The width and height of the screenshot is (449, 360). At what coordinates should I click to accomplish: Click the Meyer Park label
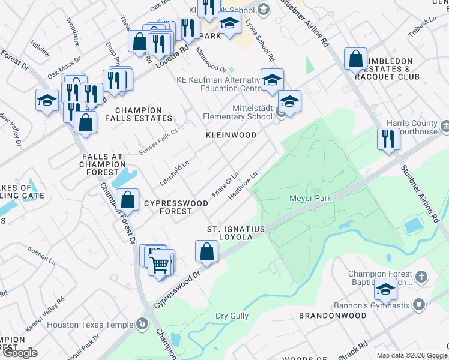coord(311,197)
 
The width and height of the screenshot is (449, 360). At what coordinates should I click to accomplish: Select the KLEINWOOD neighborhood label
coord(231,136)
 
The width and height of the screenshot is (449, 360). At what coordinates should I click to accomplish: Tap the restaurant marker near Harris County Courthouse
coord(388,139)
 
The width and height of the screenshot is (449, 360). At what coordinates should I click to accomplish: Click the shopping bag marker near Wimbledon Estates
coord(355,59)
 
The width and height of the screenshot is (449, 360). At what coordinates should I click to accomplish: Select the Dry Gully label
coord(232,315)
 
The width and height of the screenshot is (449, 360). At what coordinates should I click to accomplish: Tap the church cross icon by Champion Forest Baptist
coord(421,277)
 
